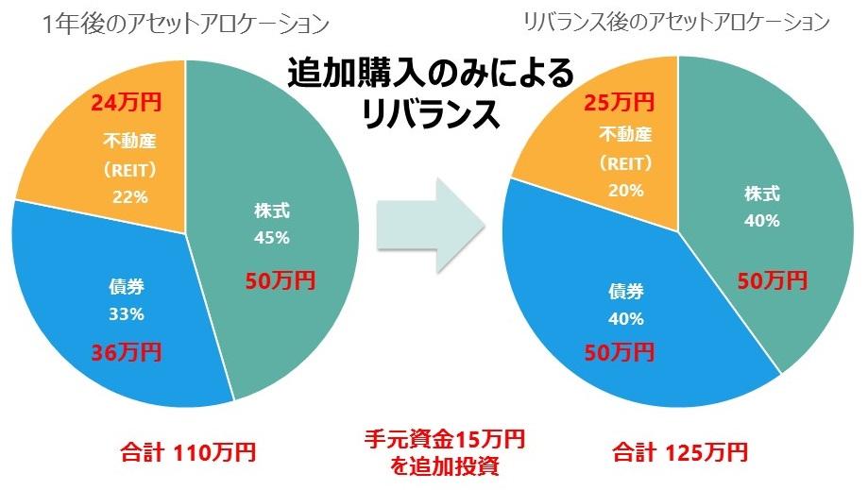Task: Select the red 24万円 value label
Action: pyautogui.click(x=122, y=101)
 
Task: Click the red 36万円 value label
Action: pyautogui.click(x=126, y=352)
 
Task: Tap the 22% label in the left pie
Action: pyautogui.click(x=128, y=197)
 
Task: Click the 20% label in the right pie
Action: pyautogui.click(x=626, y=190)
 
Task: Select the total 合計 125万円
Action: pyautogui.click(x=680, y=451)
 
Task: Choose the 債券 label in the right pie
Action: pyautogui.click(x=626, y=291)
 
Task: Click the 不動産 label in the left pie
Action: pyautogui.click(x=128, y=142)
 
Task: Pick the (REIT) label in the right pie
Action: pyautogui.click(x=625, y=161)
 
